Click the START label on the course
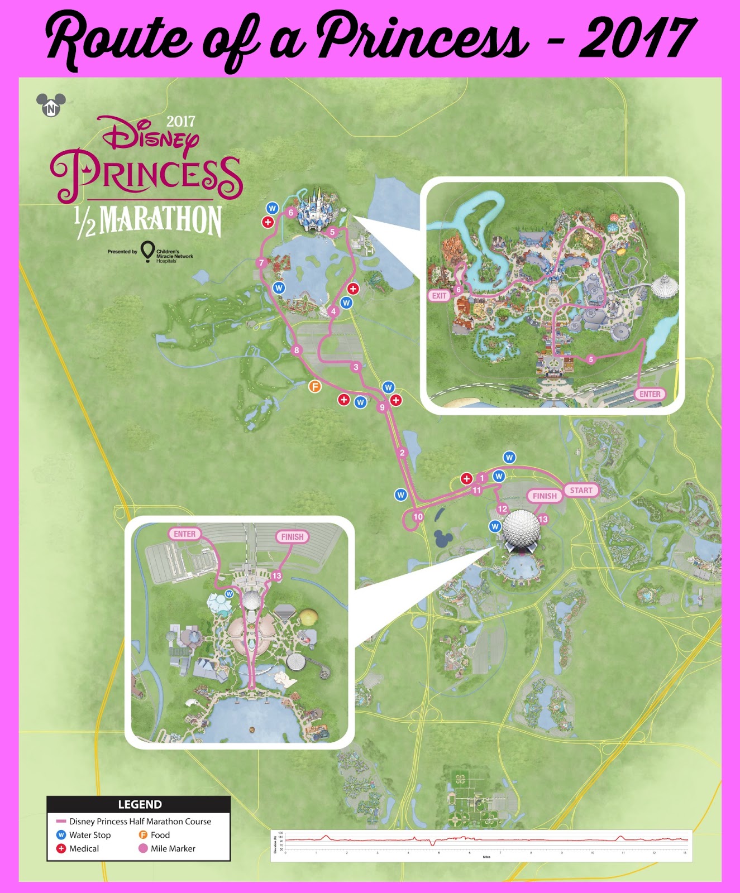pyautogui.click(x=581, y=490)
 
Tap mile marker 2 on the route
pyautogui.click(x=402, y=453)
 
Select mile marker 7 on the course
pyautogui.click(x=261, y=263)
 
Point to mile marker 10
pyautogui.click(x=418, y=517)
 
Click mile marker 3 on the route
pyautogui.click(x=356, y=367)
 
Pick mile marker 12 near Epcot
pyautogui.click(x=502, y=508)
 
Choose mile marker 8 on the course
pyautogui.click(x=297, y=351)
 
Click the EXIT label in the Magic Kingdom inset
pyautogui.click(x=440, y=296)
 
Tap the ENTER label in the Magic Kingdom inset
pyautogui.click(x=650, y=394)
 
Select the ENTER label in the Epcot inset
pyautogui.click(x=185, y=534)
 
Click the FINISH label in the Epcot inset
pyautogui.click(x=292, y=537)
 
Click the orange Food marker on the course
pyautogui.click(x=315, y=386)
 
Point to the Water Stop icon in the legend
pyautogui.click(x=61, y=835)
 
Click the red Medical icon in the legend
pyautogui.click(x=61, y=848)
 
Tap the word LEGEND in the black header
pyautogui.click(x=140, y=804)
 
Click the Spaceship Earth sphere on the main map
pyautogui.click(x=522, y=527)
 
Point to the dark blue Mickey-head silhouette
pyautogui.click(x=444, y=539)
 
